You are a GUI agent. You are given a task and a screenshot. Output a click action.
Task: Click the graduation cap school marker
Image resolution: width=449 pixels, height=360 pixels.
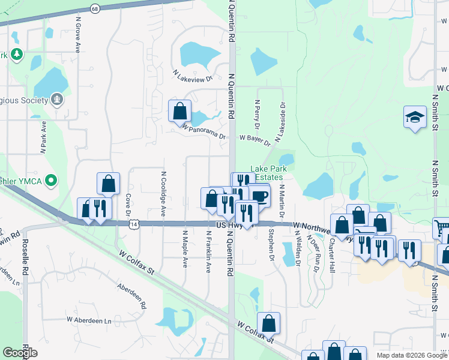[x=415, y=116]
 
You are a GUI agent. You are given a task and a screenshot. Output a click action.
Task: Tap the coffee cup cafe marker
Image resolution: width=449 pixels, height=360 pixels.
[x=259, y=196]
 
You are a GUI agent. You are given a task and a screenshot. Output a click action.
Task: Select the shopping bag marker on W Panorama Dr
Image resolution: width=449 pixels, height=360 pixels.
[x=179, y=110]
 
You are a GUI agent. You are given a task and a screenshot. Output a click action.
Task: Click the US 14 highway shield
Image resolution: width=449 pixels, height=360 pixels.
[x=132, y=223]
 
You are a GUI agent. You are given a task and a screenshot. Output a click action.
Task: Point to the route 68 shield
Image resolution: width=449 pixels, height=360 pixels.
[x=95, y=9]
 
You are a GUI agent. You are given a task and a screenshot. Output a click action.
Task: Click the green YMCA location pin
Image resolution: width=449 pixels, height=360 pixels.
[x=52, y=179]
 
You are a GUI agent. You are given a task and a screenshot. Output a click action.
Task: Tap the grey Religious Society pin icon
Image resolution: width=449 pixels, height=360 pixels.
[x=58, y=98]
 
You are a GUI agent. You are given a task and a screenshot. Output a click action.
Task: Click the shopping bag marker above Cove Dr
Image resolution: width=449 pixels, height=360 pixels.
[x=108, y=183]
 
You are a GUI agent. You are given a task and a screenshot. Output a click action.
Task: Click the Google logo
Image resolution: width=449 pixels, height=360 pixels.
[x=20, y=353]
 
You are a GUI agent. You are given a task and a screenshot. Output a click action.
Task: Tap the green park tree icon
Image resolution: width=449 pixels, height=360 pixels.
[x=17, y=55]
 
